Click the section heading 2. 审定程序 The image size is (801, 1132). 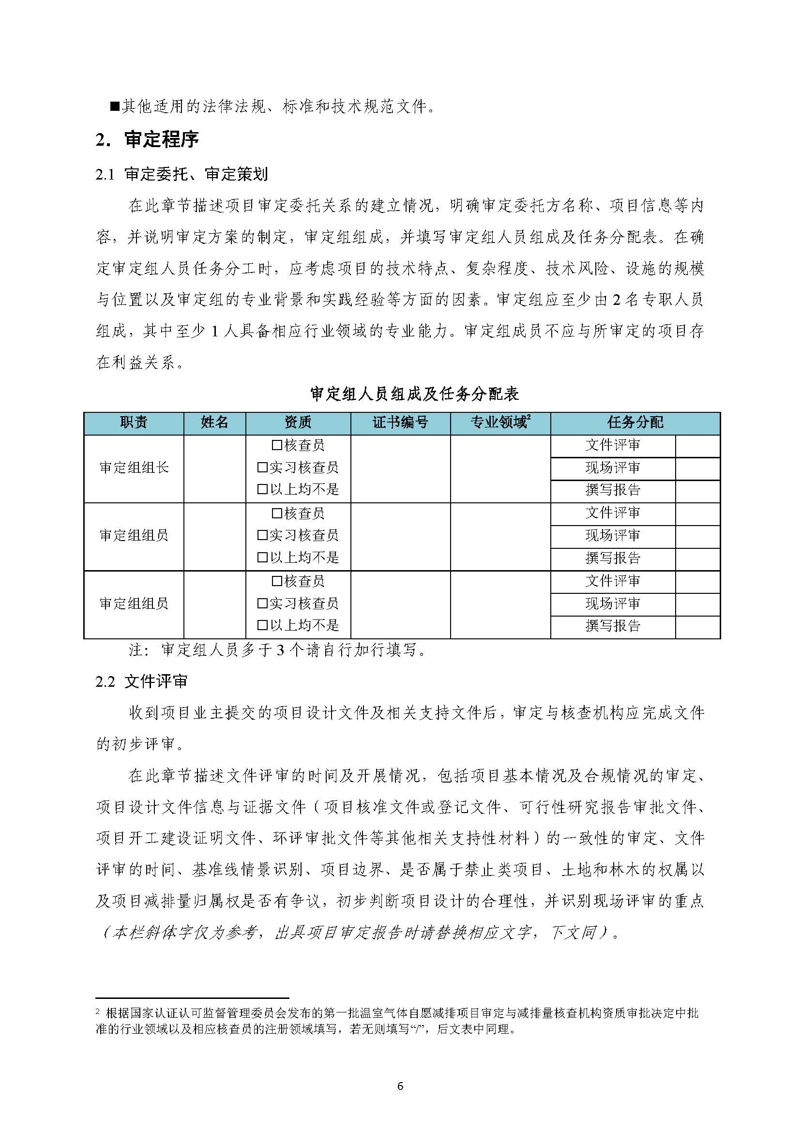tap(147, 139)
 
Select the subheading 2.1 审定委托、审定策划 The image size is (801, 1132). tap(181, 174)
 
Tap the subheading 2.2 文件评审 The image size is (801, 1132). tap(141, 681)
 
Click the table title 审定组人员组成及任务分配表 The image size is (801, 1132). tap(414, 393)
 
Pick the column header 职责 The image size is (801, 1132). tap(134, 422)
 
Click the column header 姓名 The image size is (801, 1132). tap(214, 422)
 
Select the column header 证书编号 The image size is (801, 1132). tap(400, 422)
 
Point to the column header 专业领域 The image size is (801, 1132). tap(498, 422)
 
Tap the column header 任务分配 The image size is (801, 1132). tap(635, 422)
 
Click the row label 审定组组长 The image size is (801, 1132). tap(134, 468)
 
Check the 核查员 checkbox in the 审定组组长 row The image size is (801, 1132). tap(277, 445)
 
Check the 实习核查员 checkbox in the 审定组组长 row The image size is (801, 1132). tap(262, 468)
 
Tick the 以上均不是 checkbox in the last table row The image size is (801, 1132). tap(262, 626)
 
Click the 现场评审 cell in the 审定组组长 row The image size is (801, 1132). tap(613, 468)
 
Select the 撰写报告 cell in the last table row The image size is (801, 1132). tap(613, 626)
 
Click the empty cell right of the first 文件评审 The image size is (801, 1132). tap(697, 445)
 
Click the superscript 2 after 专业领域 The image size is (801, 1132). tap(529, 418)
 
